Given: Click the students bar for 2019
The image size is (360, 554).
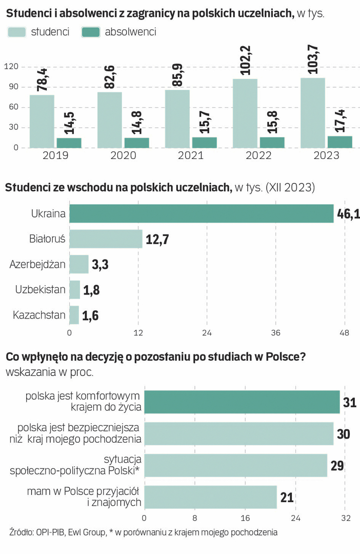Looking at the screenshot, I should (42, 122).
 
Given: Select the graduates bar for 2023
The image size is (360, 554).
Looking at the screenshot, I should (339, 142).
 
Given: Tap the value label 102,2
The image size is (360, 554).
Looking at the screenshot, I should (245, 59).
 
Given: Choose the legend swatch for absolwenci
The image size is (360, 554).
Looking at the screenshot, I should (90, 32).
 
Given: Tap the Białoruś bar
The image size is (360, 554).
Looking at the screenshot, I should (106, 239).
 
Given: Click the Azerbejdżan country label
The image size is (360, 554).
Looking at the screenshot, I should (37, 264).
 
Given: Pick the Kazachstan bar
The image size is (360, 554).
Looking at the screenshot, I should (74, 315).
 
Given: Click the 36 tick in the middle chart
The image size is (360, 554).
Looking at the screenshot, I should (276, 333).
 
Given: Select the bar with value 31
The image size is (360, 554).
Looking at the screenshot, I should (242, 402).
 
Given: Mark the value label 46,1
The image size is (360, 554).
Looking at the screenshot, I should (349, 213).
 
